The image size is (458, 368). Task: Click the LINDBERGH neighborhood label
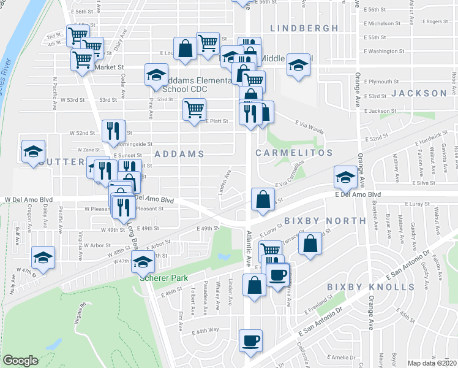pos(304,28)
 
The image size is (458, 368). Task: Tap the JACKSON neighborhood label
pos(419,93)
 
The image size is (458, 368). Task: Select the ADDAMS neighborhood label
pos(178,154)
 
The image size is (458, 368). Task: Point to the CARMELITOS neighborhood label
pos(293,153)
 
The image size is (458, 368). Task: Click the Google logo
pos(20,361)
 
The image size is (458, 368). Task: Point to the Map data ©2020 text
pos(432,363)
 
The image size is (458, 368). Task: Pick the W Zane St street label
pos(88,150)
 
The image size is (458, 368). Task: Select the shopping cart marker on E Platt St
pos(194,110)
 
